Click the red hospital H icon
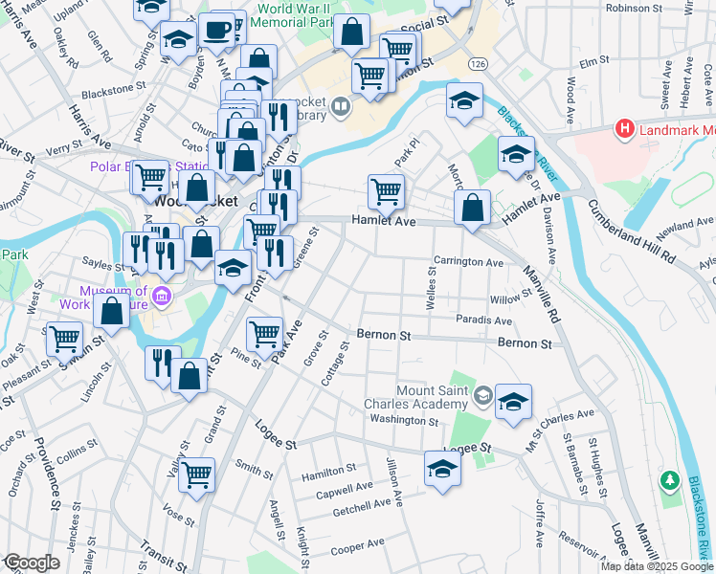[x=625, y=127]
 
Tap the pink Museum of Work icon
[x=162, y=297]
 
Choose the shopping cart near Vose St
[x=196, y=473]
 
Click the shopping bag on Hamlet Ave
[x=473, y=208]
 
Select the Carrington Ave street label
[x=468, y=261]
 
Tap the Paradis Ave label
[x=483, y=320]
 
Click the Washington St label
[x=403, y=420]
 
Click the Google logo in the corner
[x=31, y=563]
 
